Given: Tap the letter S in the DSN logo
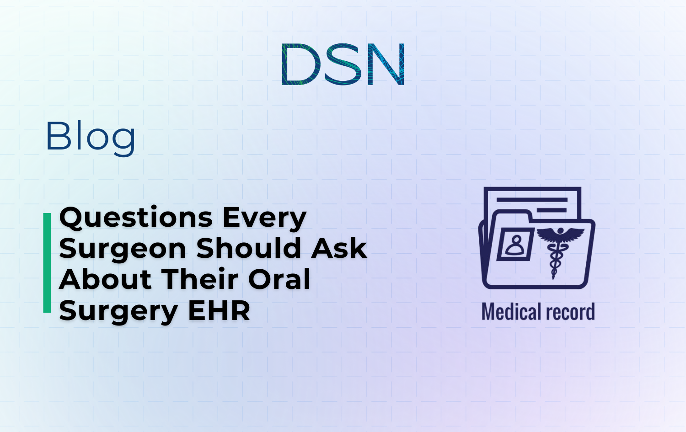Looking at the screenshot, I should tap(343, 64).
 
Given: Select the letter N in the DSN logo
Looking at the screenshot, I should tap(386, 64).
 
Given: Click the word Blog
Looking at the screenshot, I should tap(91, 137).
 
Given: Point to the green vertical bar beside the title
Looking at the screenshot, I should tap(47, 263).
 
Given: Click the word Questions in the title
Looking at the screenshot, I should tap(136, 218).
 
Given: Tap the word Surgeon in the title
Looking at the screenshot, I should tap(123, 249).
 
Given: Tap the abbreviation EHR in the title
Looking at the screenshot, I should tap(219, 311).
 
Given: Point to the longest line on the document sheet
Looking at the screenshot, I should tap(532, 200).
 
